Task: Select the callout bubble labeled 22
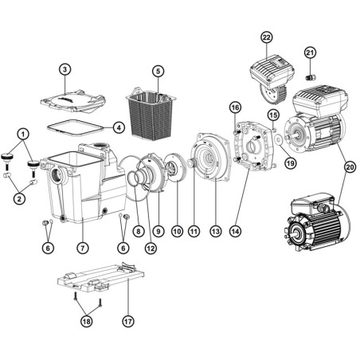coord(266,37)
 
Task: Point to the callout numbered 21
coord(310,53)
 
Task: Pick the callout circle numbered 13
coord(213,231)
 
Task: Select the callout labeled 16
coord(235,108)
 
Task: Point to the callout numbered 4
coord(118,126)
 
